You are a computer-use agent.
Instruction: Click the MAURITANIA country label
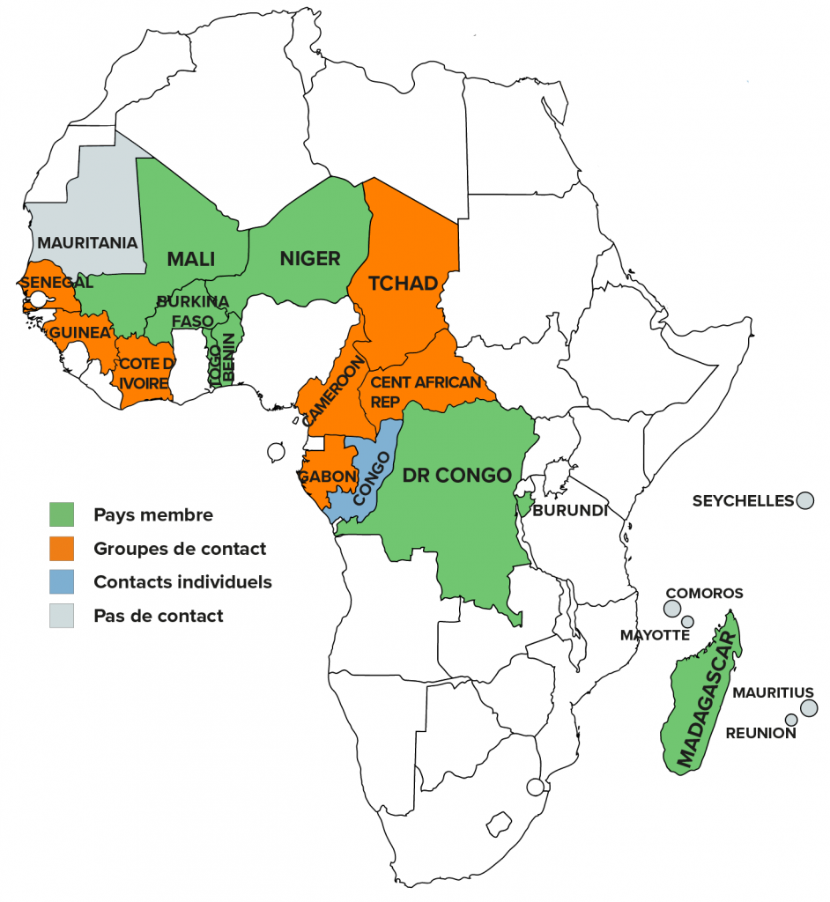click(87, 242)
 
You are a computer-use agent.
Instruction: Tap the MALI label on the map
click(191, 259)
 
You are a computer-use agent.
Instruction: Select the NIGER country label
click(309, 258)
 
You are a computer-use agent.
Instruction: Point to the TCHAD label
click(403, 284)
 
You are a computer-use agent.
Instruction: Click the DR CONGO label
click(456, 476)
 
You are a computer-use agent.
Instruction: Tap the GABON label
click(327, 477)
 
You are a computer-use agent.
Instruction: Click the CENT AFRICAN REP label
click(425, 391)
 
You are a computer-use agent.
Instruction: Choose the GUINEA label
click(79, 332)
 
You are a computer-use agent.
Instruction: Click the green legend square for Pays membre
click(62, 514)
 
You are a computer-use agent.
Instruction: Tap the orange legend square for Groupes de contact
click(62, 548)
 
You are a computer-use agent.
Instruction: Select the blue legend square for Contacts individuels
click(62, 581)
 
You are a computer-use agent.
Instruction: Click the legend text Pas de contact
click(158, 616)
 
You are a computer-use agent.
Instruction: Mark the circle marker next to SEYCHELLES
click(804, 500)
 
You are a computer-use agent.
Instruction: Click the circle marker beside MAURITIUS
click(809, 708)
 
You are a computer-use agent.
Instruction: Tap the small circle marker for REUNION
click(791, 720)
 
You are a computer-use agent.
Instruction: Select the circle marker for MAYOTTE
click(687, 622)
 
